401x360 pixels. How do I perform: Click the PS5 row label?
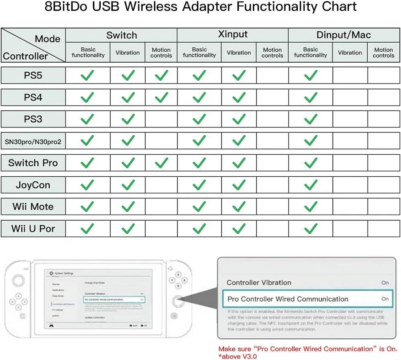33,76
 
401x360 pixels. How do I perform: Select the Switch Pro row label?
33,163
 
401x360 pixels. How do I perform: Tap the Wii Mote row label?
33,207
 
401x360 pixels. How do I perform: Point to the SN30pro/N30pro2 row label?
33,141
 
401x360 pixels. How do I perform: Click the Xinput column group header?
233,35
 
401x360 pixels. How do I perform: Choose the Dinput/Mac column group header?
343,35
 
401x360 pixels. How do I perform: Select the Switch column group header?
122,35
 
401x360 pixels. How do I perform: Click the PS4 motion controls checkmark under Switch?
161,97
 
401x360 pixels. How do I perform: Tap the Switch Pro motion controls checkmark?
161,162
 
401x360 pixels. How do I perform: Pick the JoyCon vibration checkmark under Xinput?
239,185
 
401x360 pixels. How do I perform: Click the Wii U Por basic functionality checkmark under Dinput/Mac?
310,228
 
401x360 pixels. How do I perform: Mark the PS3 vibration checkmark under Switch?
128,119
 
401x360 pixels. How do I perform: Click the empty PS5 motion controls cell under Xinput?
272,76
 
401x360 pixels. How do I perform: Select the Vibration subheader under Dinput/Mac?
350,53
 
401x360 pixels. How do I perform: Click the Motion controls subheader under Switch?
161,53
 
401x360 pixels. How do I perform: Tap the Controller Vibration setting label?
259,283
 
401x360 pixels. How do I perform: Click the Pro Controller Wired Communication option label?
288,299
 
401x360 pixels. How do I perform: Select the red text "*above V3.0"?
238,356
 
